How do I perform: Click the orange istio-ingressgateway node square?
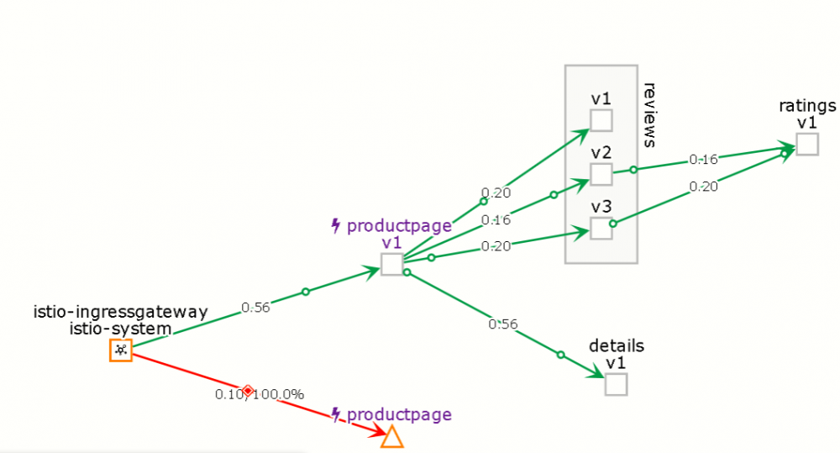pos(121,350)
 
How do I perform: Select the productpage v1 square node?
pos(392,264)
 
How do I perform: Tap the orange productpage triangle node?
pos(392,437)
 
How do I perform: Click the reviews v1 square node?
pos(601,120)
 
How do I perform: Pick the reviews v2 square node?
pos(601,174)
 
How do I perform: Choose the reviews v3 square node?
pos(601,229)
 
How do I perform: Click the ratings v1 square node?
pos(807,145)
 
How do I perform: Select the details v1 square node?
pos(616,384)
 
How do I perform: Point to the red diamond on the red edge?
pos(248,390)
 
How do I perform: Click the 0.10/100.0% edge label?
pos(260,394)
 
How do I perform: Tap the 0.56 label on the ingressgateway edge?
pos(255,308)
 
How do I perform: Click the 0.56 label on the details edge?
pos(503,324)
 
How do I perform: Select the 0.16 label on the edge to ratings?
pos(703,159)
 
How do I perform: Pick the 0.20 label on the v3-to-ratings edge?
pos(703,187)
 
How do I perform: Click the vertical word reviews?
pos(649,115)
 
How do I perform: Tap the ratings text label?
pos(807,106)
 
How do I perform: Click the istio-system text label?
pos(120,328)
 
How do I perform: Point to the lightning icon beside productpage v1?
pos(336,226)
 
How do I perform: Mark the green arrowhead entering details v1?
pos(596,371)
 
